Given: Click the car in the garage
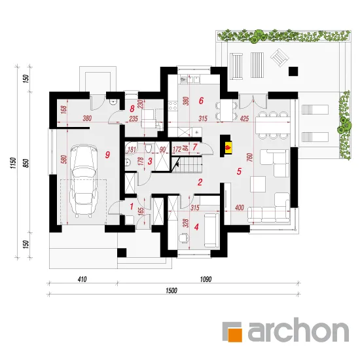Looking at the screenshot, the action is tap(84, 181).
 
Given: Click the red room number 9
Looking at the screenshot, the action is tap(107, 154).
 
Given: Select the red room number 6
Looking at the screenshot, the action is tap(201, 101).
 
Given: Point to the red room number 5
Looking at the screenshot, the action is tap(239, 171).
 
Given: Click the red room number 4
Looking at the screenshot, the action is tap(196, 227).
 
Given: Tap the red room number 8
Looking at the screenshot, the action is tap(132, 109).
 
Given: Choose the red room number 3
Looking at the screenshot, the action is tap(150, 161).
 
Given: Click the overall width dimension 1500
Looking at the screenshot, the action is tap(171, 291).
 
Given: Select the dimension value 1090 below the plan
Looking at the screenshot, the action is tap(206, 279).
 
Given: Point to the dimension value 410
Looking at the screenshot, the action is tap(82, 279).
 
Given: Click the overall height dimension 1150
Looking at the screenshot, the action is tap(13, 163).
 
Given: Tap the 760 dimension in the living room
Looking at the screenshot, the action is tap(250, 157).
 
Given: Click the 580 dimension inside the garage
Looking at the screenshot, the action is tap(64, 159).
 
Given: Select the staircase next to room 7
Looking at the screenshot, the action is tap(187, 164).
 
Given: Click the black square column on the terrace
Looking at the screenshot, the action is tap(293, 71).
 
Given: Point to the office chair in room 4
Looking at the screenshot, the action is tap(184, 238).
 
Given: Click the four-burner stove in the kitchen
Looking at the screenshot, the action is tap(173, 106).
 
